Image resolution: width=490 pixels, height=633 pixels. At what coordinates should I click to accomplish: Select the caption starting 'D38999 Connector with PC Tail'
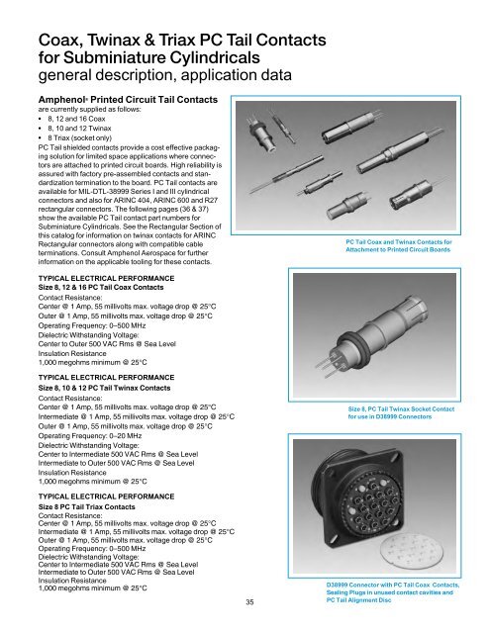point(395,587)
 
